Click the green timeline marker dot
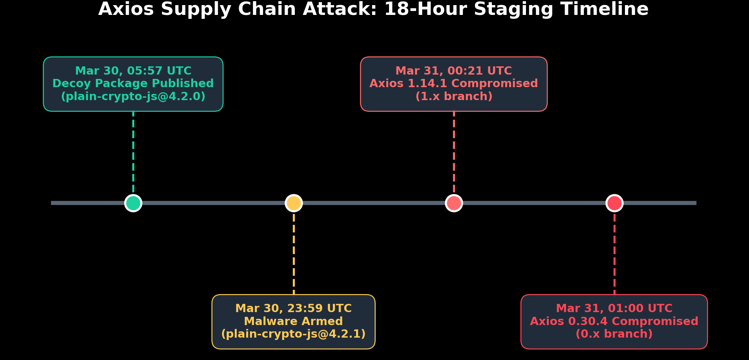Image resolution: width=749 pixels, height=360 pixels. pyautogui.click(x=133, y=203)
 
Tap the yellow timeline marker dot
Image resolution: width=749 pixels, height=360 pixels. pyautogui.click(x=294, y=203)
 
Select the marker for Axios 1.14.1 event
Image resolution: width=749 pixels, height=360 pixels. pyautogui.click(x=454, y=203)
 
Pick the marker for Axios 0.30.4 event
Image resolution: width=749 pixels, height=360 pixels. pyautogui.click(x=614, y=203)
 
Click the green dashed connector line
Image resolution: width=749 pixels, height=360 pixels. pyautogui.click(x=133, y=153)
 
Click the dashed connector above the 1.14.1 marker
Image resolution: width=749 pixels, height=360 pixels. pyautogui.click(x=454, y=153)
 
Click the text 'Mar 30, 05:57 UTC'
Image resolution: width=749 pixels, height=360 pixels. pyautogui.click(x=133, y=71)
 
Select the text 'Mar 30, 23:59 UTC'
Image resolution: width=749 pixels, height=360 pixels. pyautogui.click(x=293, y=309)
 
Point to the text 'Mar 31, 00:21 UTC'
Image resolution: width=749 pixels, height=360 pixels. pyautogui.click(x=453, y=71)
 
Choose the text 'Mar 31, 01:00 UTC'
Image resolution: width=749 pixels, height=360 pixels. pyautogui.click(x=614, y=309)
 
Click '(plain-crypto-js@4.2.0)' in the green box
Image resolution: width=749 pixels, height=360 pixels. pyautogui.click(x=133, y=97)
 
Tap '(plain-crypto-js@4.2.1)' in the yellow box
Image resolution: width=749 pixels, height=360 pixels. pyautogui.click(x=293, y=334)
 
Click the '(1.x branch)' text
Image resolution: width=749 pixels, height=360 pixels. pyautogui.click(x=454, y=97)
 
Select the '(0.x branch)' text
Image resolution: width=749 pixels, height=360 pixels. pyautogui.click(x=614, y=334)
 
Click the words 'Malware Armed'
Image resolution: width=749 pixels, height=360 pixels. pyautogui.click(x=293, y=322)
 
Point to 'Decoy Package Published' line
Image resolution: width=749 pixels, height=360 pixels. pyautogui.click(x=133, y=84)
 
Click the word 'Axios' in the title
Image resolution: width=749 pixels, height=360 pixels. pyautogui.click(x=126, y=9)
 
